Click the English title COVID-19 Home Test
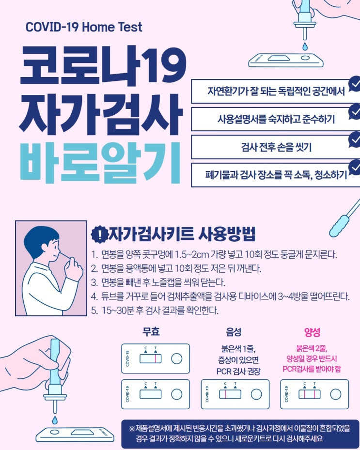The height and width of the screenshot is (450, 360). coord(84,27)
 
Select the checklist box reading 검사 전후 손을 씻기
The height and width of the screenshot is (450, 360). coord(276,147)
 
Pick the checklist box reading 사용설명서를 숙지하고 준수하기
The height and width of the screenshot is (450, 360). coord(276,119)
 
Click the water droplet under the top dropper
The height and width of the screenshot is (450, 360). coord(305,46)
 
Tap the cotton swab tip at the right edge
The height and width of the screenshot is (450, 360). coord(339,226)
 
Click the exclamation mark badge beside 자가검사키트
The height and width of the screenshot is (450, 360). coord(99,234)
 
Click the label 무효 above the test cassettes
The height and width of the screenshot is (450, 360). coord(151,332)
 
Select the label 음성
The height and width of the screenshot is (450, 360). coord(234,332)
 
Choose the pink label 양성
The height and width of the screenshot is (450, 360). coord(312,332)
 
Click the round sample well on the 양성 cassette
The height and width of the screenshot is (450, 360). coord(335,394)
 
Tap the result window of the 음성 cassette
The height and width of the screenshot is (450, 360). coord(230,394)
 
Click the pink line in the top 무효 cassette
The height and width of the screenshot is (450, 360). coord(156,359)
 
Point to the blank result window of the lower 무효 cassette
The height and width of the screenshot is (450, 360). coord(150,394)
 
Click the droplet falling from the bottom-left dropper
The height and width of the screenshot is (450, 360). coord(55,420)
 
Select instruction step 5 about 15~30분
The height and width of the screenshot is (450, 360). coord(155,310)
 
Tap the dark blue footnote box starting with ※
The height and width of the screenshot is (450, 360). coord(240,434)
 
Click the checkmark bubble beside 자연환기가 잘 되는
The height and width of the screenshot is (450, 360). coord(355,84)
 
